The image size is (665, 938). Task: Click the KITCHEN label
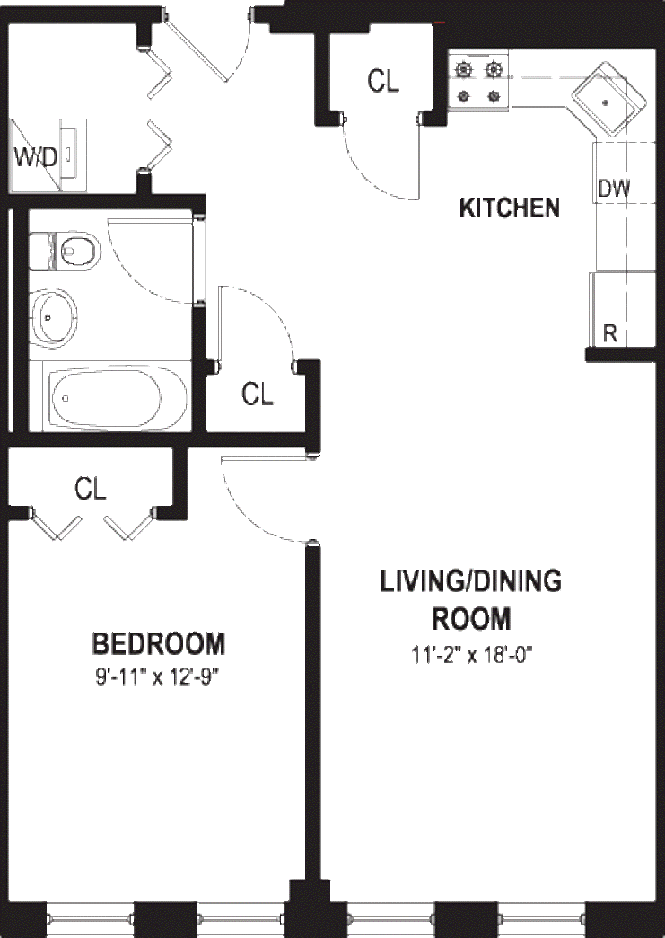click(510, 208)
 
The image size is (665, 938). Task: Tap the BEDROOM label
click(159, 643)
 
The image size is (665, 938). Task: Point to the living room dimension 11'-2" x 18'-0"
click(471, 654)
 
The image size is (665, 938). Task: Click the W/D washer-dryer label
click(35, 157)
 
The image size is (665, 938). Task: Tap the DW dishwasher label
click(614, 189)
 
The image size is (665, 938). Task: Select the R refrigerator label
click(610, 333)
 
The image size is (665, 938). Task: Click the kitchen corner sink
click(608, 100)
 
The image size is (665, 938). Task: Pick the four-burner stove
click(478, 82)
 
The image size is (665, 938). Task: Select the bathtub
click(117, 398)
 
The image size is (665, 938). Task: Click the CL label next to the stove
click(383, 81)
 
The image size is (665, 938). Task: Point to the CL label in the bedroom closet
click(91, 488)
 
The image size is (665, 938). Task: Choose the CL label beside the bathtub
click(258, 394)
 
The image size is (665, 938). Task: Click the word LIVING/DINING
click(471, 581)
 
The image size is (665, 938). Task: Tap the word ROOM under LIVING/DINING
click(471, 618)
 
